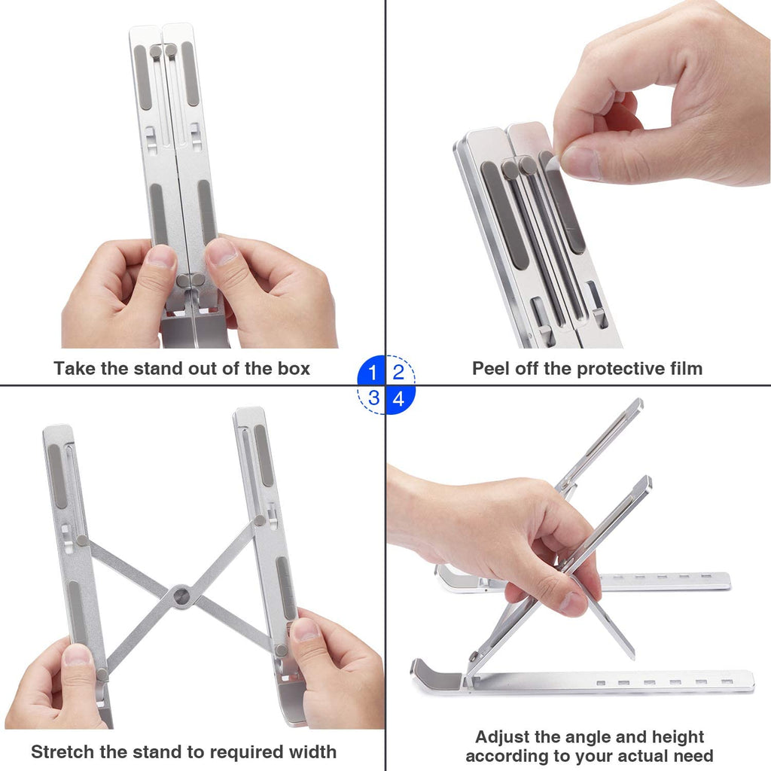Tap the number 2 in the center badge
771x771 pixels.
398,372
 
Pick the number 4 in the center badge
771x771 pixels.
398,398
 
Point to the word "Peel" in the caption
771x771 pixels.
491,368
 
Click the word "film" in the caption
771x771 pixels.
684,368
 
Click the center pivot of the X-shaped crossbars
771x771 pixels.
181,596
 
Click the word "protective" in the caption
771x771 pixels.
599,368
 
